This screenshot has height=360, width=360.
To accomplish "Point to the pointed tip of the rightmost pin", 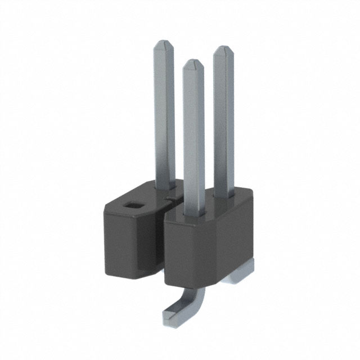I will coord(223,49).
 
